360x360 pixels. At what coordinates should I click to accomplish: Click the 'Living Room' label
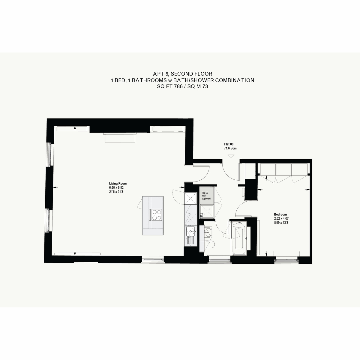(x=118, y=184)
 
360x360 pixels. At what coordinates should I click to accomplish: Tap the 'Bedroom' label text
(x=280, y=214)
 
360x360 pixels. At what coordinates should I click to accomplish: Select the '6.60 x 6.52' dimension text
(x=116, y=187)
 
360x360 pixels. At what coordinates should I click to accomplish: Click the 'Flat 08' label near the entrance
(x=229, y=144)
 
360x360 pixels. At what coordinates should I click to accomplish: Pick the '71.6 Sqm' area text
(x=230, y=148)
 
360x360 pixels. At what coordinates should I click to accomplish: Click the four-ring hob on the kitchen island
(x=157, y=215)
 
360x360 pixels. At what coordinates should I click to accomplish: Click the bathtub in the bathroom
(x=239, y=238)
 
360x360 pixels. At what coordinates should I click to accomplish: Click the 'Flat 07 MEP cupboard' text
(x=206, y=196)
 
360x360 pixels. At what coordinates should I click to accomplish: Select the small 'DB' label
(x=202, y=216)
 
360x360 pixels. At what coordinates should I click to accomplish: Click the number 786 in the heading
(x=178, y=86)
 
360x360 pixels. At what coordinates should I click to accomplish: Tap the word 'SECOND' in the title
(x=181, y=74)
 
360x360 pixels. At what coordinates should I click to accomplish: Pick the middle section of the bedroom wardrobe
(x=284, y=169)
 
